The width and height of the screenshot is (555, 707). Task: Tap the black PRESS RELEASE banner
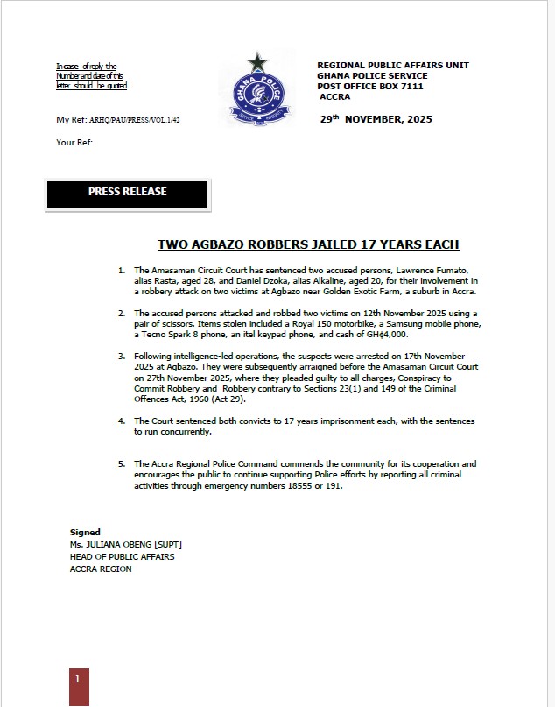point(127,193)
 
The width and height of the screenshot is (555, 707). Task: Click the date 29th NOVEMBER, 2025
point(376,118)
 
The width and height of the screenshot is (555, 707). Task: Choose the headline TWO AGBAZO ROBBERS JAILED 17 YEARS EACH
point(308,245)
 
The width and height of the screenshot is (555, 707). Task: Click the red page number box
point(79,687)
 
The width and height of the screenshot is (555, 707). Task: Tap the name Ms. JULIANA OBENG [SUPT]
point(125,544)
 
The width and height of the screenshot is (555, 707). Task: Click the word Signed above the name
point(85,532)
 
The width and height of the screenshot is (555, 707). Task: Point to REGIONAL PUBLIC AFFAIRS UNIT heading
point(393,66)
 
